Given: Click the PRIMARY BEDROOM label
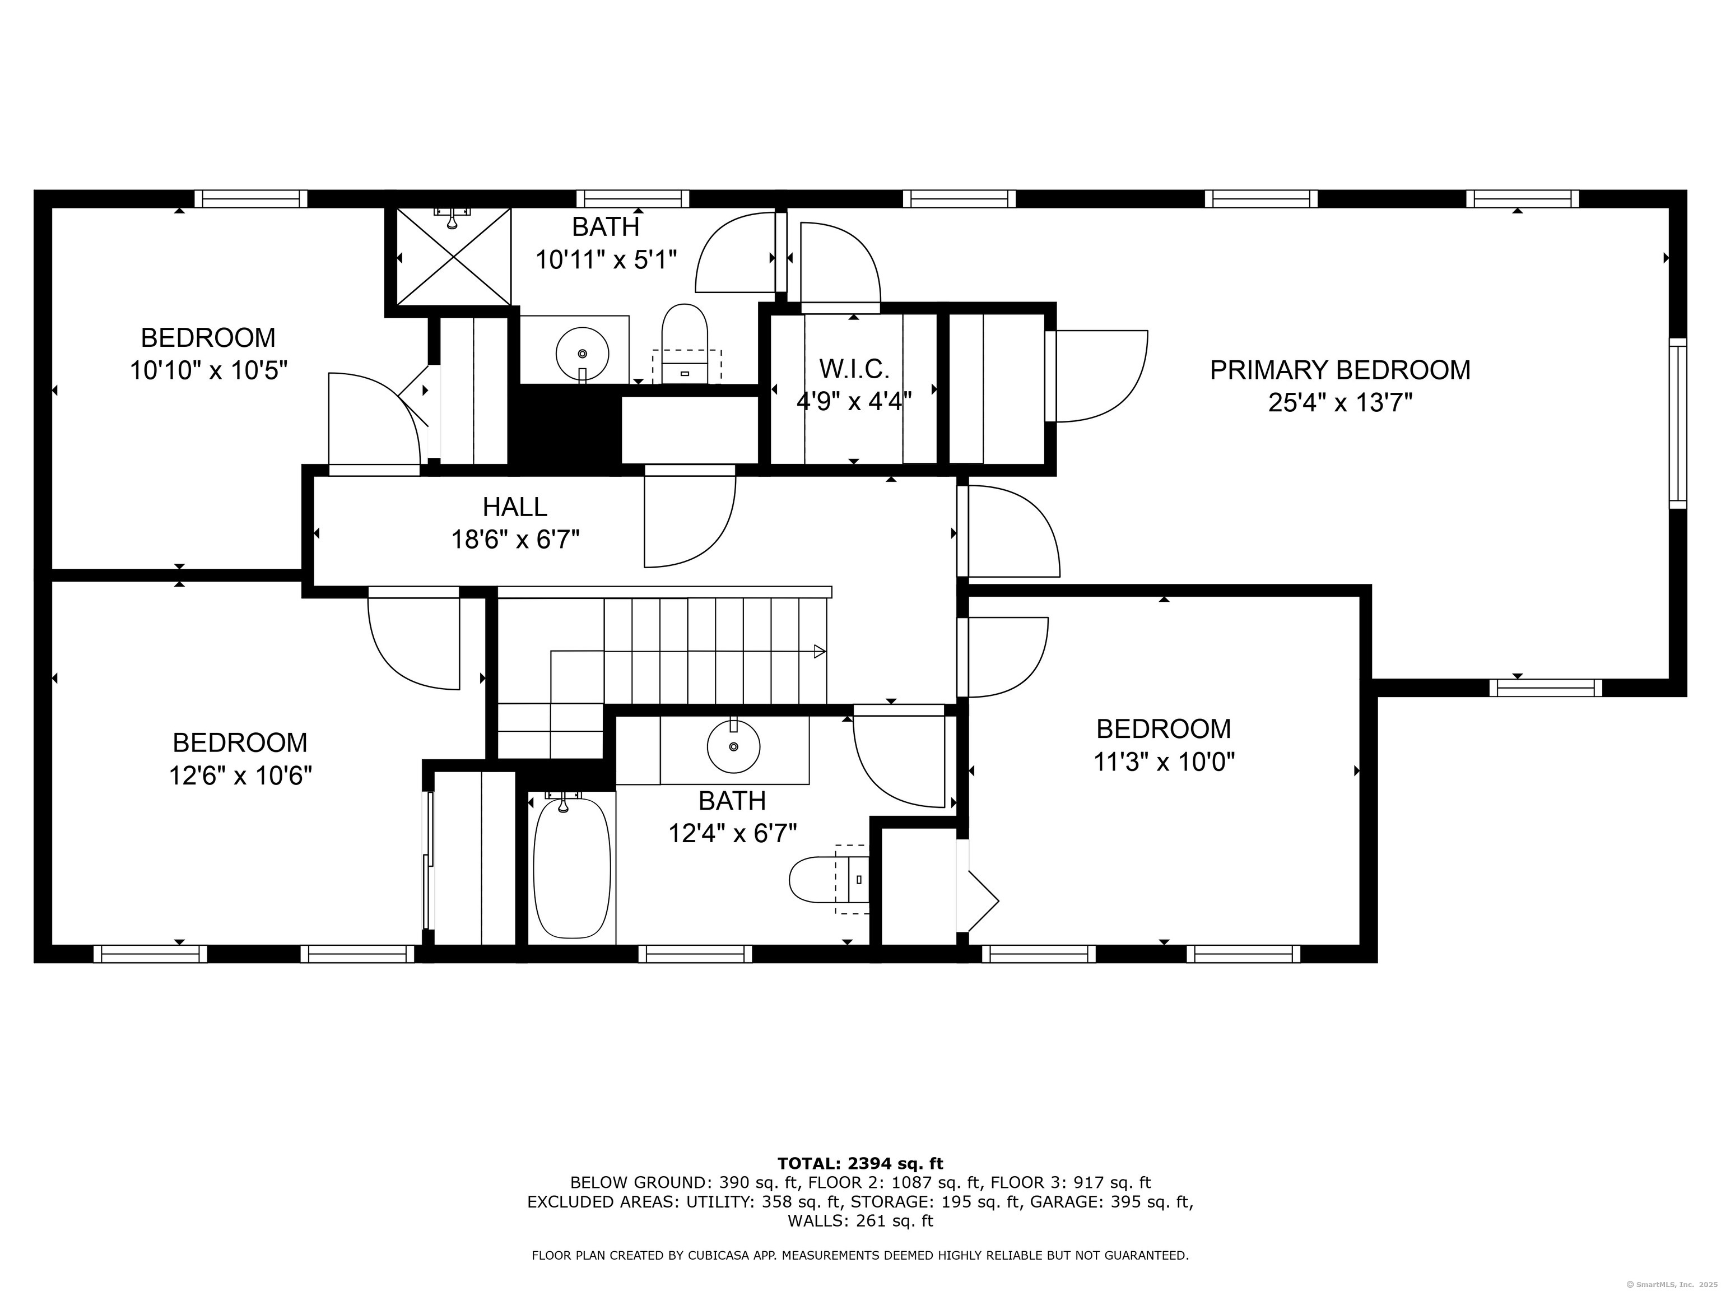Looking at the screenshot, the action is coord(1339,370).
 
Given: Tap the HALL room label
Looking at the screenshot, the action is coord(515,507).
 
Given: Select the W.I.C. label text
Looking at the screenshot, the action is coord(854,368).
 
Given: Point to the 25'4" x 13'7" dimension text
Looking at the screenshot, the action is coord(1339,403).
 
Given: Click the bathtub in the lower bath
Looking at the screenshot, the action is coord(572,867).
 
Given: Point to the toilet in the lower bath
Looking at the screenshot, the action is coord(829,879).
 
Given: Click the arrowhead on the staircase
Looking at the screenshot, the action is coord(819,651).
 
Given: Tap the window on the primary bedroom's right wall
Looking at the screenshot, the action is coord(1678,424).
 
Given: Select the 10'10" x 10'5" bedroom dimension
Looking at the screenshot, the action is coord(208,370).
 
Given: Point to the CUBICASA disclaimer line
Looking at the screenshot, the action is coord(860,1255).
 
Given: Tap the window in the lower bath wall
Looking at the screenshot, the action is coord(696,953).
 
